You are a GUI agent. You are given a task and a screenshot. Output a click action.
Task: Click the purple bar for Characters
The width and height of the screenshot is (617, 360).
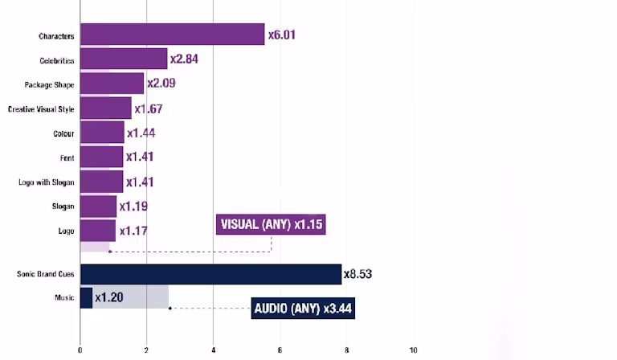click(172, 35)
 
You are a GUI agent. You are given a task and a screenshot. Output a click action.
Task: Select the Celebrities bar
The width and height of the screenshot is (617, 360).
click(124, 59)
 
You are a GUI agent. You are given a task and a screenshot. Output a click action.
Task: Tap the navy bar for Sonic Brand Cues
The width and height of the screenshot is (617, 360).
click(210, 274)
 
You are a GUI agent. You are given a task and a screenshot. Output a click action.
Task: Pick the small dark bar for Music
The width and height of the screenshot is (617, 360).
click(86, 297)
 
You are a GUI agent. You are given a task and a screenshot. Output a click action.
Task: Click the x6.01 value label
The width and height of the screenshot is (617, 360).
click(287, 35)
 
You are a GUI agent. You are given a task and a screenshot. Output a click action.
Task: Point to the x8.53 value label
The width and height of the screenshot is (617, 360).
click(358, 274)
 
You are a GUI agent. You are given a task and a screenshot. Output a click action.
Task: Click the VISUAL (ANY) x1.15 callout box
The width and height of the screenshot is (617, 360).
click(272, 224)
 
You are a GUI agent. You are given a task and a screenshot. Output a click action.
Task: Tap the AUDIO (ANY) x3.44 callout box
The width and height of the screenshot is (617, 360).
click(304, 308)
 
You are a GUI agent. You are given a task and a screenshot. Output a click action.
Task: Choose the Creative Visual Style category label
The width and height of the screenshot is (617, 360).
click(40, 108)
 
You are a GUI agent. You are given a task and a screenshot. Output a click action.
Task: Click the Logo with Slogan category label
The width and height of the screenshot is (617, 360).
click(46, 182)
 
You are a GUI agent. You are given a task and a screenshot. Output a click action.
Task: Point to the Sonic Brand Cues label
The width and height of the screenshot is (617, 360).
click(45, 274)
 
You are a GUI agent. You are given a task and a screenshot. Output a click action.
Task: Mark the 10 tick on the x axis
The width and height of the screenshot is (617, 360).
click(414, 350)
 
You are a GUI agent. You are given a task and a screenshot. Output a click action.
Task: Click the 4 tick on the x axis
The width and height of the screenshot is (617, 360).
click(214, 350)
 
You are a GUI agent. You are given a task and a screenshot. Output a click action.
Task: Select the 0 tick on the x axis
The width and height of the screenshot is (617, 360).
click(80, 350)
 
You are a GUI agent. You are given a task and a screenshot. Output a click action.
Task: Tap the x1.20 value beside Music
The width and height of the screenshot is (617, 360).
click(108, 297)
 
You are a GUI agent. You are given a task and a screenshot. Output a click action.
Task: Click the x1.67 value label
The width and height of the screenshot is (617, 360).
click(149, 108)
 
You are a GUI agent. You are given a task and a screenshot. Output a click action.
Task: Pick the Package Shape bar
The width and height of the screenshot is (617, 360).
click(112, 84)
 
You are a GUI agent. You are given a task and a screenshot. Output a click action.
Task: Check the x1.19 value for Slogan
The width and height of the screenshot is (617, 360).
click(133, 207)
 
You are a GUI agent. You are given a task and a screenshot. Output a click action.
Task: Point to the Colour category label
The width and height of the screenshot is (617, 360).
click(63, 133)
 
